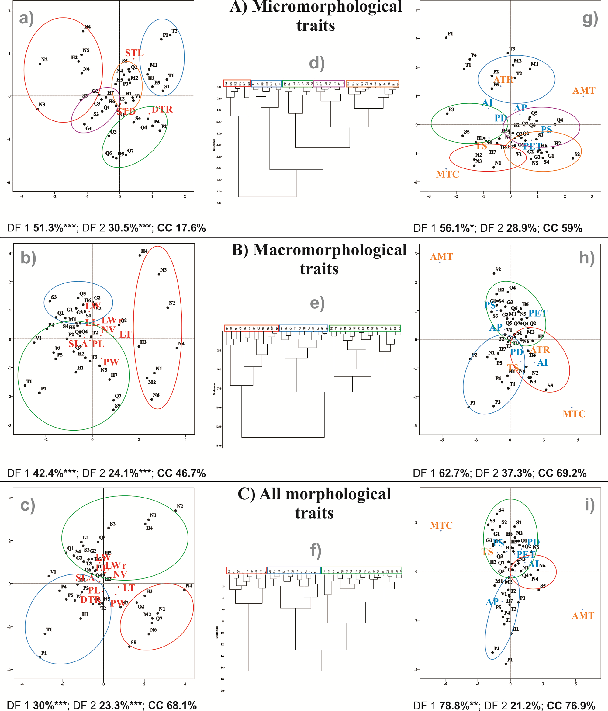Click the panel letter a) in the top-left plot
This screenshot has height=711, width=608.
[26, 18]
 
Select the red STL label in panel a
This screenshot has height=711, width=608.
[134, 53]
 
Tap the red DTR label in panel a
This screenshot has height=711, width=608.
[162, 109]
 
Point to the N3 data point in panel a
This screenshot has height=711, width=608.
[37, 109]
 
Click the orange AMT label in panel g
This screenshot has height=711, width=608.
[584, 91]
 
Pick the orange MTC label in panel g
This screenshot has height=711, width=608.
[447, 174]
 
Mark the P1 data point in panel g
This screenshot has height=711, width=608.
[446, 38]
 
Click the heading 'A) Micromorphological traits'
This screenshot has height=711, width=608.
[316, 16]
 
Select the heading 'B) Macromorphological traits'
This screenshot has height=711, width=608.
[319, 259]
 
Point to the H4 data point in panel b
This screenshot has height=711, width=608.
[140, 255]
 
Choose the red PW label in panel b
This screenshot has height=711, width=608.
[111, 362]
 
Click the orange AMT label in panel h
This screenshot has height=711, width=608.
[442, 257]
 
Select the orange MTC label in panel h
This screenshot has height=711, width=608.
[574, 414]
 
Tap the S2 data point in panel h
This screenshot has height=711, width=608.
[494, 273]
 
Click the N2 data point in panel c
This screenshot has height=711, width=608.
[176, 511]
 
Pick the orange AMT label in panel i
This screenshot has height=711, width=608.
[583, 616]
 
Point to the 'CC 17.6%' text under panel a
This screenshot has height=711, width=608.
[181, 228]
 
